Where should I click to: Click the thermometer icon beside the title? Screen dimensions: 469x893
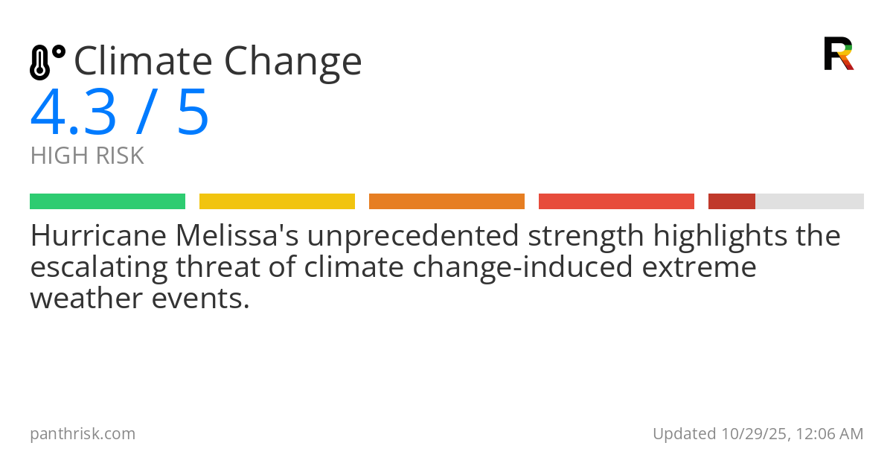47,62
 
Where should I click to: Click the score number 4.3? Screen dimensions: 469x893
74,113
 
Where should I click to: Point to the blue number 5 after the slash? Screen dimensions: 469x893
193,113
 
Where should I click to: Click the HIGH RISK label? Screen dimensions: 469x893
87,156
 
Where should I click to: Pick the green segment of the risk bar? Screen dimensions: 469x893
107,202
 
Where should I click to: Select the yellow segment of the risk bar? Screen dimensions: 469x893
277,202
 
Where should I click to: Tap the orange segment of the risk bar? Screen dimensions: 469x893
446,202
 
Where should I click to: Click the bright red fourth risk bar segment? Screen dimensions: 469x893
616,202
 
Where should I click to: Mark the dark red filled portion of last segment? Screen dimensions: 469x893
732,202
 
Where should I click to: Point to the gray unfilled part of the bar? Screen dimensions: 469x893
810,202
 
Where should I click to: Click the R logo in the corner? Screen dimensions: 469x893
839,54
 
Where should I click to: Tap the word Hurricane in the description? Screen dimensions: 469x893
98,236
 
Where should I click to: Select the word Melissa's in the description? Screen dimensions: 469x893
236,236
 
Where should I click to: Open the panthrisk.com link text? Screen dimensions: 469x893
83,434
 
